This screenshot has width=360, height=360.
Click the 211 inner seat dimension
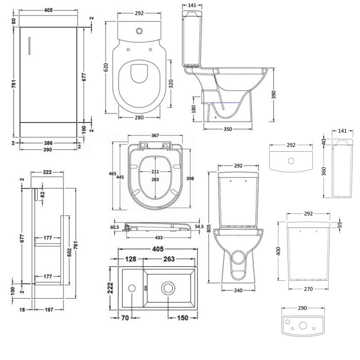154,172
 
